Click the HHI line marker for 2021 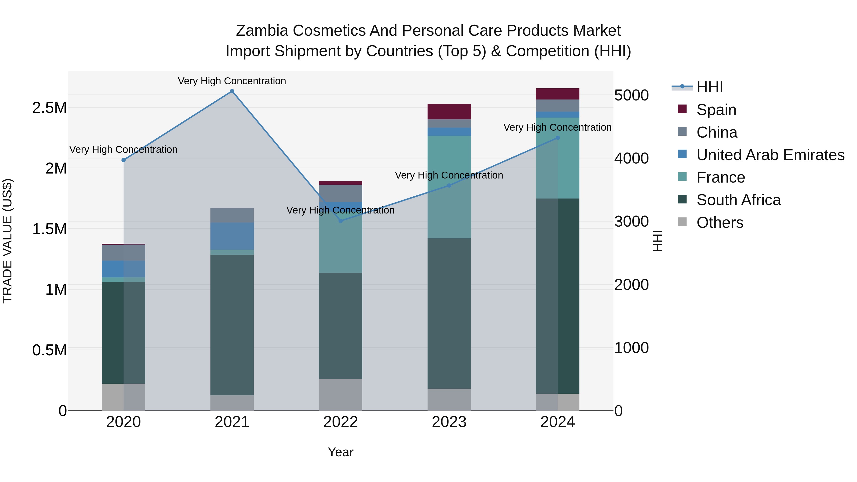coord(232,91)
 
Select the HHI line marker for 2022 coord(340,221)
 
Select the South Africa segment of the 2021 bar coord(232,325)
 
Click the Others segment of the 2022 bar coord(340,394)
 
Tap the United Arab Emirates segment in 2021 coord(232,236)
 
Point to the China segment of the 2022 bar coord(340,193)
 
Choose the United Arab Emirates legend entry coord(770,155)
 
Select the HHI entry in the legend coord(709,87)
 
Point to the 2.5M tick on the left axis coord(49,108)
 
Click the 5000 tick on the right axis coord(631,95)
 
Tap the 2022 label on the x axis coord(340,422)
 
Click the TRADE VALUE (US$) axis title coord(7,241)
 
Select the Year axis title coord(340,452)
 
